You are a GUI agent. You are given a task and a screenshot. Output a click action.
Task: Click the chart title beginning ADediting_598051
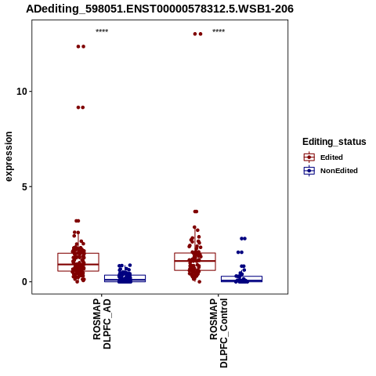pos(160,9)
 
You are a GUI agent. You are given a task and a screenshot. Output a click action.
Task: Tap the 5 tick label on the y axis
pos(24,186)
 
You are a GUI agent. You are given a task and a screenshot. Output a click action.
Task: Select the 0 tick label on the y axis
pos(24,282)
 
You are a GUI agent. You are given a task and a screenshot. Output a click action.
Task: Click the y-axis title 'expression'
pos(9,157)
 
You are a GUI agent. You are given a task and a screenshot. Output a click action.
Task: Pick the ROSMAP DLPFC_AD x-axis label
pos(102,324)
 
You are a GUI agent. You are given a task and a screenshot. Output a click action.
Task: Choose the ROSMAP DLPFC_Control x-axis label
pos(219,333)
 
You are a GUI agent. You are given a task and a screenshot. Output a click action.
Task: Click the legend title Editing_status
pos(334,142)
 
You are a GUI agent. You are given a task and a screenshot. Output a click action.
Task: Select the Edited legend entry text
pos(331,157)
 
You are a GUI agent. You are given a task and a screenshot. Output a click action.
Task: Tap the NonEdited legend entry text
pos(339,171)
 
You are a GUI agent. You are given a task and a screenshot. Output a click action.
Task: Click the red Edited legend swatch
pos(309,157)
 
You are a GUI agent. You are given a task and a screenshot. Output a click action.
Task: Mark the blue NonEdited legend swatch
pos(309,171)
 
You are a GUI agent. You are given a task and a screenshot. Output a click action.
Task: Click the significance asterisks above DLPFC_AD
pos(102,31)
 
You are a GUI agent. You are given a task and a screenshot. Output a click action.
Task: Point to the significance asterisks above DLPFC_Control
pos(219,31)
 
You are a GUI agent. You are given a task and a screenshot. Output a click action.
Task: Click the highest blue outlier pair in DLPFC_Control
pos(243,238)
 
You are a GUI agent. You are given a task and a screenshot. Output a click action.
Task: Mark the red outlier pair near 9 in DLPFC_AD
pos(81,107)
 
